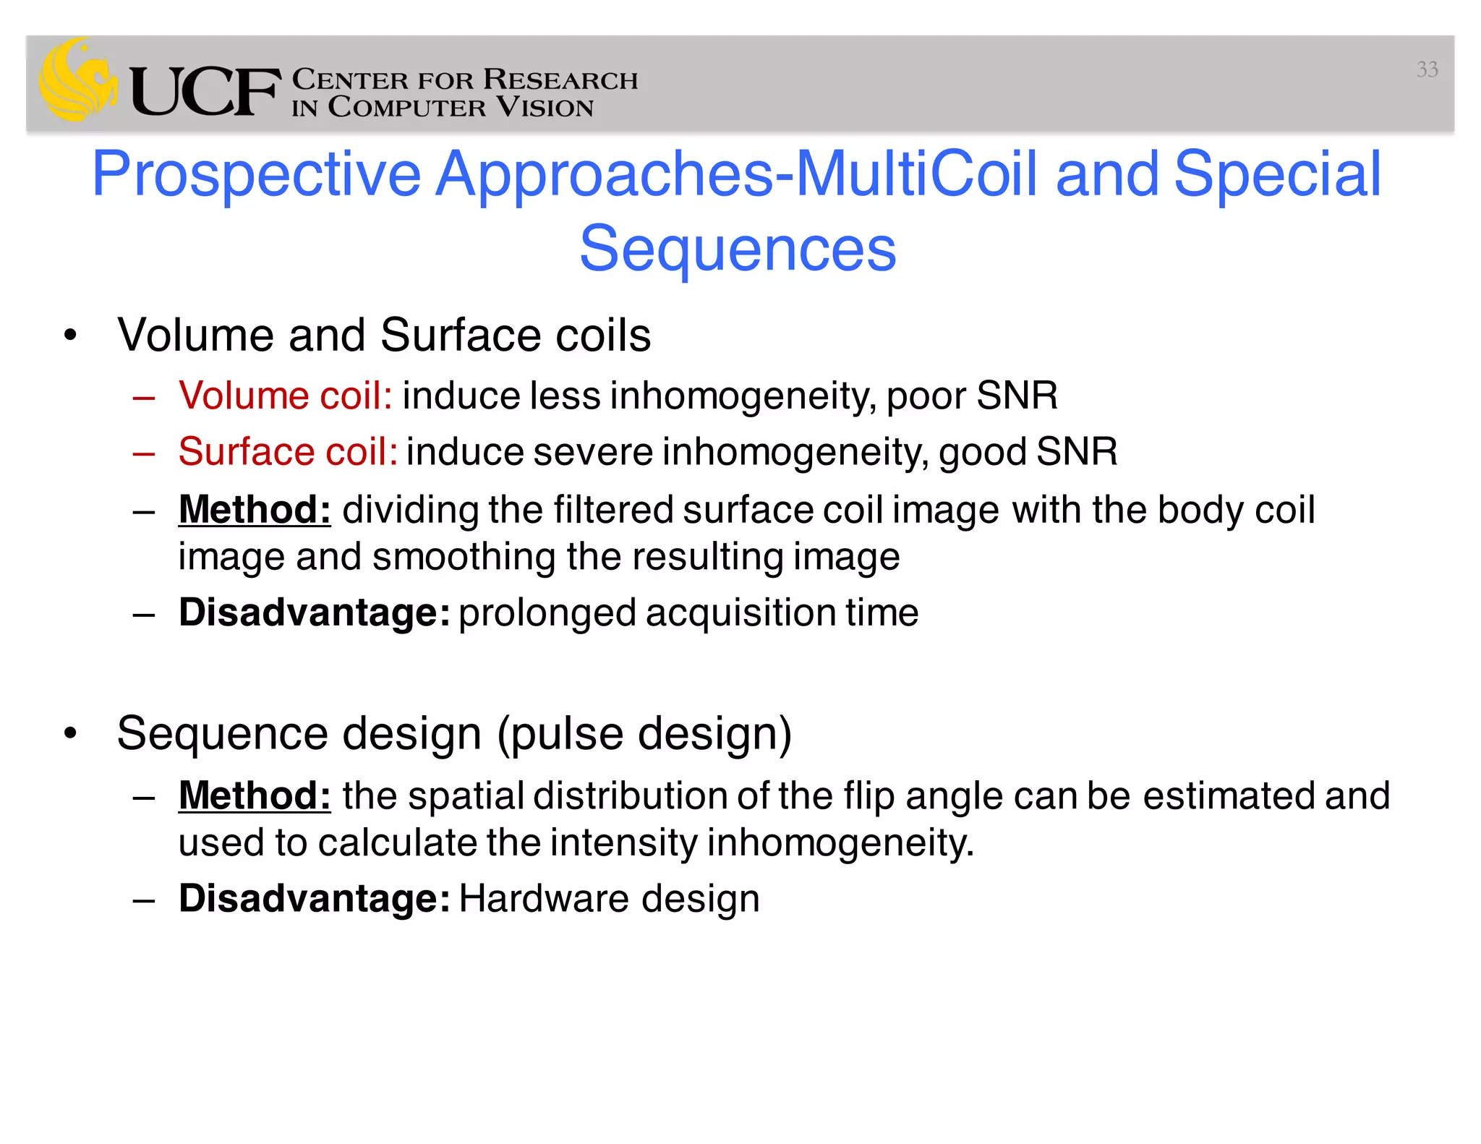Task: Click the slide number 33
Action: [x=1427, y=69]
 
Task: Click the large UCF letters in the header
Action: [x=205, y=92]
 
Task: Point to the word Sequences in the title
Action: [x=738, y=249]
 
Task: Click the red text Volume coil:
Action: [x=286, y=396]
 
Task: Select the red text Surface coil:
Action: [x=288, y=452]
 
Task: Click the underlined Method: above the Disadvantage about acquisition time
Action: [x=255, y=509]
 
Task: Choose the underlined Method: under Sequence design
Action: [x=255, y=795]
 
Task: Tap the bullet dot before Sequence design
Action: [x=70, y=733]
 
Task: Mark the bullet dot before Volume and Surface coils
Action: [x=70, y=335]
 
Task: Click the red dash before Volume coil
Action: [x=144, y=397]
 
